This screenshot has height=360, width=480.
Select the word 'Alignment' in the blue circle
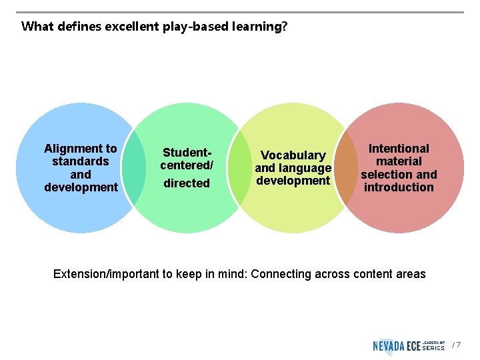(73, 149)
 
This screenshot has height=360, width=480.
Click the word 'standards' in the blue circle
(81, 161)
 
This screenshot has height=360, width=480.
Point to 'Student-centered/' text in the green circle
(186, 159)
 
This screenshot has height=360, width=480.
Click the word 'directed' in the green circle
(187, 183)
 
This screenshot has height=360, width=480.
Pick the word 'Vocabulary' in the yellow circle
(293, 155)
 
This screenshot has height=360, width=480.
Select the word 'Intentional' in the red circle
(399, 149)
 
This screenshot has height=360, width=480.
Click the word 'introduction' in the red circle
(399, 187)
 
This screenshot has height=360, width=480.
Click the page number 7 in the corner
(458, 345)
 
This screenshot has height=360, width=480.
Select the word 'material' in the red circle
(399, 161)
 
